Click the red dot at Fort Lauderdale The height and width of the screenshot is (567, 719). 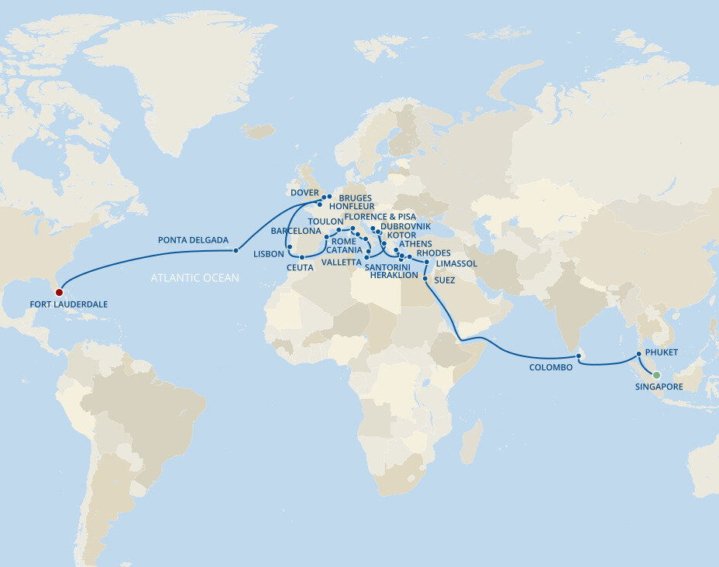(59, 292)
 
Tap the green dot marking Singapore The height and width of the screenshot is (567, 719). (656, 375)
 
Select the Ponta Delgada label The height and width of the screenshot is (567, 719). (193, 240)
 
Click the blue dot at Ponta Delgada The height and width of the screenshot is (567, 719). (236, 250)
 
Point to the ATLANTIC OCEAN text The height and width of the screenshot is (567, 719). (195, 277)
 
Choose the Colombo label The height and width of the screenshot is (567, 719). (551, 367)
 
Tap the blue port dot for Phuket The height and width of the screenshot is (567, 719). (638, 354)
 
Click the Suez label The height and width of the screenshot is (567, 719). (444, 280)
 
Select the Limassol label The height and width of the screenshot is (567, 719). (456, 263)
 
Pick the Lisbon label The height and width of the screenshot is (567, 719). (268, 254)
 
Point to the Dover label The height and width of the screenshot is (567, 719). (304, 192)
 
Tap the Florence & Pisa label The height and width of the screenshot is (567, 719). (380, 217)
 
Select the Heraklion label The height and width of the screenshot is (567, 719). (394, 275)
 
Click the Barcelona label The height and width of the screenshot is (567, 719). (296, 231)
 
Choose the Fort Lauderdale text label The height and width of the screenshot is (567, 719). (69, 304)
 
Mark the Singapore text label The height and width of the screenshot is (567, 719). (659, 386)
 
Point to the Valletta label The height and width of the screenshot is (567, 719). (341, 262)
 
